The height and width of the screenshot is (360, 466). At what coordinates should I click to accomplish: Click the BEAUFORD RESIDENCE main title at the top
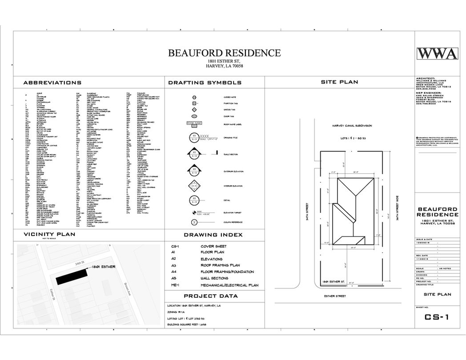coord(224,53)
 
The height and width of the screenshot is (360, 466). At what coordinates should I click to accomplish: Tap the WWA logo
coord(437,54)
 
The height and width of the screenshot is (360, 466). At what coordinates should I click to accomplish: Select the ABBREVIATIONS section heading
coord(52,83)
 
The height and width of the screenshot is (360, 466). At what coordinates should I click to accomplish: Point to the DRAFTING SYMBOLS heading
coord(205,83)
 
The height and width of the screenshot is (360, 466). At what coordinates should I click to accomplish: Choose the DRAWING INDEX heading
coord(213,235)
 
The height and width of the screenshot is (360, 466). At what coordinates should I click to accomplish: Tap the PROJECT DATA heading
coord(211,296)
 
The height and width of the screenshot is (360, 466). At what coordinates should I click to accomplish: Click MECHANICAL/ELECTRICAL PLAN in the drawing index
coord(229,285)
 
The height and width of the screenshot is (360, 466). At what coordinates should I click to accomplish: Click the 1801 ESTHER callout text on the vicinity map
coord(103,267)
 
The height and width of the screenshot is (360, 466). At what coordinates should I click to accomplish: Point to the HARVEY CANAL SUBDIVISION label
coord(351,126)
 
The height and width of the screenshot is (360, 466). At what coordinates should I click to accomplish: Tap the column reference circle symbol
coord(194,222)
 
